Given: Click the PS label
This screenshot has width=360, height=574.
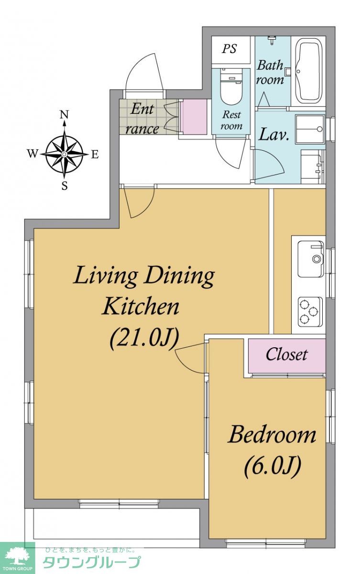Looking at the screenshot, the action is [x=229, y=49].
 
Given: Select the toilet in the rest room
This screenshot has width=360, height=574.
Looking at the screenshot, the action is [x=231, y=87].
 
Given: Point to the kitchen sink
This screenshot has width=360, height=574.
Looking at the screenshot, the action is [x=311, y=259].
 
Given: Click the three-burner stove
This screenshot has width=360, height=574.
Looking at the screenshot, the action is [x=310, y=311].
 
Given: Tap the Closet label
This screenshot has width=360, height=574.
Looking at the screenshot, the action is [x=286, y=354].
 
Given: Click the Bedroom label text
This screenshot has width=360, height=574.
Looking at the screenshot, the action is [x=272, y=434].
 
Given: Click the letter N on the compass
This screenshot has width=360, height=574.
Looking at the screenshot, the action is [x=64, y=114].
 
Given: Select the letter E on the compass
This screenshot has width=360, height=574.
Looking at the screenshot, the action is [x=95, y=155].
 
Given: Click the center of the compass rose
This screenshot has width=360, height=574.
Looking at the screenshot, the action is [x=64, y=154].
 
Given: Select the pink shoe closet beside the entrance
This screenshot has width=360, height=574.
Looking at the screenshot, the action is [x=194, y=117].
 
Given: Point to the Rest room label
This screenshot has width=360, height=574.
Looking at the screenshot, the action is [x=232, y=120].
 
